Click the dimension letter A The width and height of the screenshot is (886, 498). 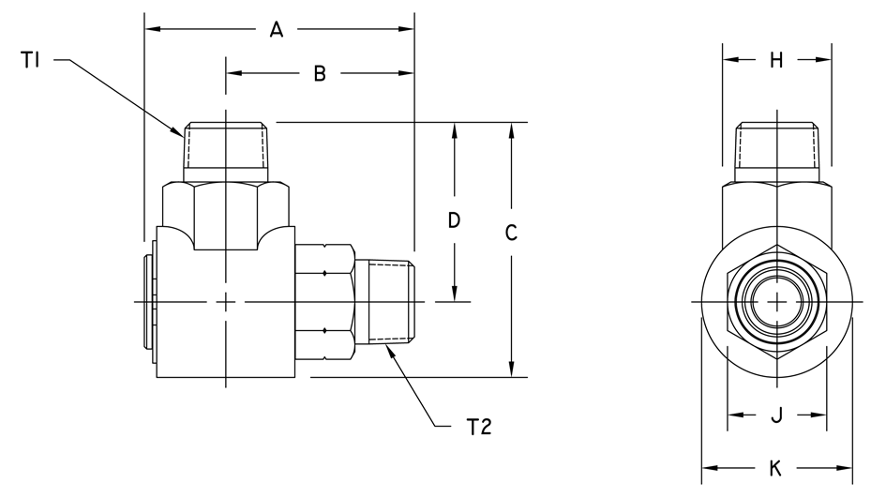(x=276, y=30)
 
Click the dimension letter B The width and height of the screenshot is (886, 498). (x=319, y=74)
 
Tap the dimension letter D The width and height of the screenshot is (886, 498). (x=454, y=221)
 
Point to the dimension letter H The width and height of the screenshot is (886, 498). (x=776, y=61)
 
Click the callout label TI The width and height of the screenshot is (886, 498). (x=29, y=62)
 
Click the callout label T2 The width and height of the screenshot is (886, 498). (x=479, y=427)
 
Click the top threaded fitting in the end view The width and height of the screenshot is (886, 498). (x=776, y=151)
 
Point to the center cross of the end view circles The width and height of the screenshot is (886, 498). (x=777, y=301)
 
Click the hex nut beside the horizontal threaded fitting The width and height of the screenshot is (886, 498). (x=324, y=301)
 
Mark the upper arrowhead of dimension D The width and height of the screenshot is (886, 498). (x=454, y=129)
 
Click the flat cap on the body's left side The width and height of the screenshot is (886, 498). (x=149, y=301)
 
